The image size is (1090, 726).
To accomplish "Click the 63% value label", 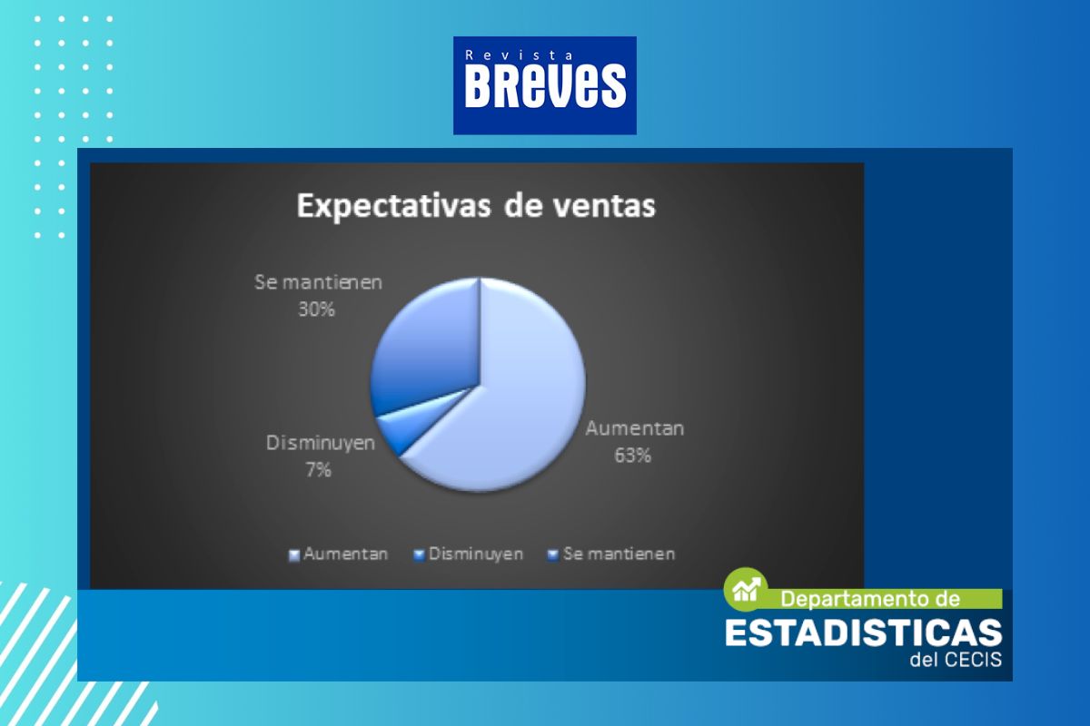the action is [x=632, y=456].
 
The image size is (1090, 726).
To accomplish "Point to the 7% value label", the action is [x=319, y=470].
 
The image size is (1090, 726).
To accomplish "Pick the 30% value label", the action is [x=316, y=309].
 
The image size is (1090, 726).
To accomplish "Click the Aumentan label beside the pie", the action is [x=635, y=428].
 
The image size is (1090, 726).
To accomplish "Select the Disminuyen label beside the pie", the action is [x=321, y=443].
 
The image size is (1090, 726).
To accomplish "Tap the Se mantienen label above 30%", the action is [x=319, y=282].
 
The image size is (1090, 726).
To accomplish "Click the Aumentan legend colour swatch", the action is [x=294, y=555].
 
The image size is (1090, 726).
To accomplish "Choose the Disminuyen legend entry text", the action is [x=476, y=554].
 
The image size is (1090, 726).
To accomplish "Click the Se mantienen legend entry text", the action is [x=619, y=554].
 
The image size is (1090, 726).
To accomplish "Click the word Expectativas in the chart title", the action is [x=393, y=206].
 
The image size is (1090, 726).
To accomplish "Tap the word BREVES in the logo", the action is [x=545, y=86].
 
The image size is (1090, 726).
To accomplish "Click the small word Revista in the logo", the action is [x=520, y=55].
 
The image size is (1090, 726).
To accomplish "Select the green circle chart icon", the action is [x=746, y=589].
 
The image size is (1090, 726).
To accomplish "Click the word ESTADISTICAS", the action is [x=863, y=633].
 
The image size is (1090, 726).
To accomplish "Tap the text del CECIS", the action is [x=956, y=660].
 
